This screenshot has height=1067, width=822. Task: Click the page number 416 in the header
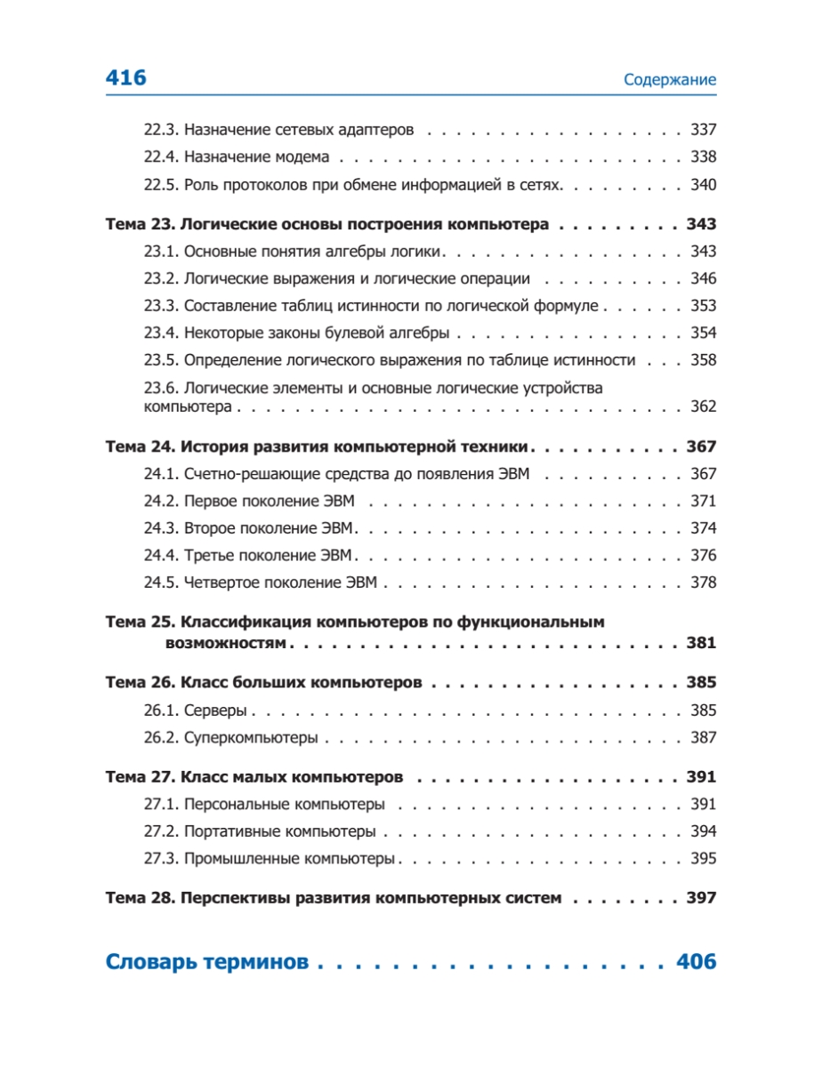coord(125,78)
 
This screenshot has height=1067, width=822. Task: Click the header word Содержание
coord(670,80)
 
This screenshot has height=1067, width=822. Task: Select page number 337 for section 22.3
coord(703,130)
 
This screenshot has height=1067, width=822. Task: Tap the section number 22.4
coord(162,157)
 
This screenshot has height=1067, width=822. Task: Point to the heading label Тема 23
coord(140,224)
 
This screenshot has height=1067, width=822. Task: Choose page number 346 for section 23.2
coord(703,279)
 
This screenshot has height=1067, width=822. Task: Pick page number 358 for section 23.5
coord(703,361)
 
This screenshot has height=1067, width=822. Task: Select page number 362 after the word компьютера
coord(703,407)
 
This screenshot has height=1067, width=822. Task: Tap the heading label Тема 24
coord(140,446)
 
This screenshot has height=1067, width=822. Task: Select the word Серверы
coord(216,711)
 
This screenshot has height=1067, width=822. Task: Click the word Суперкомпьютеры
coord(251,738)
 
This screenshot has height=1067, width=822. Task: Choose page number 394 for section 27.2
coord(703,832)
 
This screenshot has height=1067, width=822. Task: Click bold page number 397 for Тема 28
coord(701,898)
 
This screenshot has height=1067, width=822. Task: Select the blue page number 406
coord(696,962)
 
